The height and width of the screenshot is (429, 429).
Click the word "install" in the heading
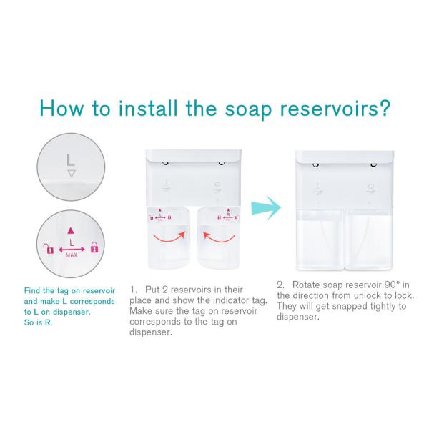pos(148,108)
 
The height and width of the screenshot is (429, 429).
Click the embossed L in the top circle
pos(71,160)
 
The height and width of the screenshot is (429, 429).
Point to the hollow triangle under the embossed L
pos(71,174)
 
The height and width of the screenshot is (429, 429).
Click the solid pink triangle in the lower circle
pos(71,230)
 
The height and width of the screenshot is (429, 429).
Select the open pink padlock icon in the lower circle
pos(49,248)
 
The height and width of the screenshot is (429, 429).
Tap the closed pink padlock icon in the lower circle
pos(94,247)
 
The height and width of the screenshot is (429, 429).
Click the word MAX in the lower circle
pos(71,255)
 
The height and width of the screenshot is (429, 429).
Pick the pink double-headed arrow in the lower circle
pos(71,250)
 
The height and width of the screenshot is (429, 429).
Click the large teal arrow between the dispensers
pos(266,207)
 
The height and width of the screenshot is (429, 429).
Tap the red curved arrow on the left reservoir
pos(169,237)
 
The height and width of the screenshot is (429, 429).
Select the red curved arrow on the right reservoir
pos(219,237)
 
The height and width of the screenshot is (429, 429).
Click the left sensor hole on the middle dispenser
pos(165,163)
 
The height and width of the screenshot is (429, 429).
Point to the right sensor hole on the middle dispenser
pos(222,163)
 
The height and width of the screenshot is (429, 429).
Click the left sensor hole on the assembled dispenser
pos(316,164)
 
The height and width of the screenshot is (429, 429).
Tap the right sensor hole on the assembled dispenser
pos(373,164)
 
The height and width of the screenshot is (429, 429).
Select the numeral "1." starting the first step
pos(133,290)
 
